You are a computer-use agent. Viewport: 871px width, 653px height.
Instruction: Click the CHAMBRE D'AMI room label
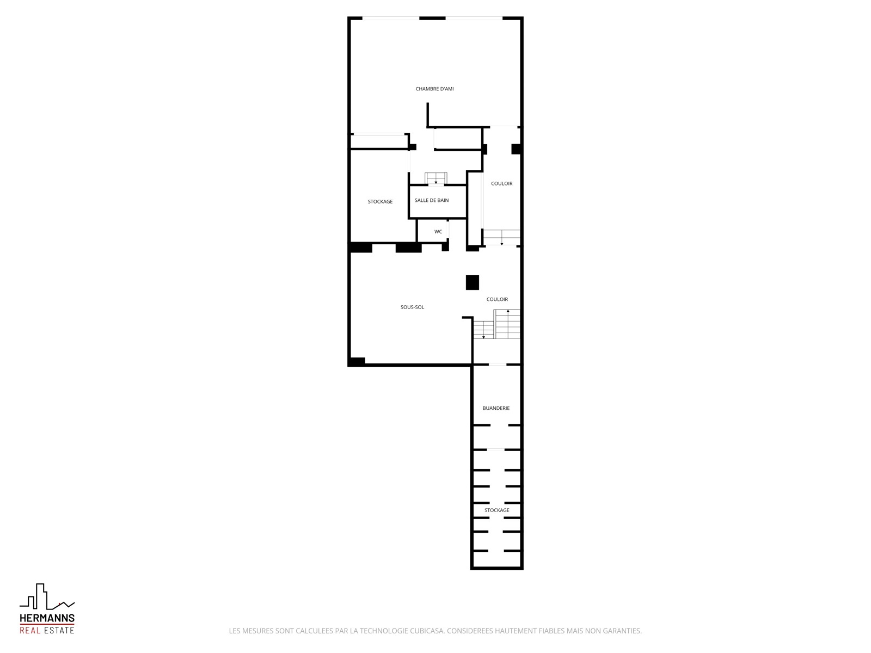[x=434, y=89]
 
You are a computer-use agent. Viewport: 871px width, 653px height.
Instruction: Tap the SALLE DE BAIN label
[x=432, y=200]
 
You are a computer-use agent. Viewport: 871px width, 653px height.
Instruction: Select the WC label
[x=438, y=232]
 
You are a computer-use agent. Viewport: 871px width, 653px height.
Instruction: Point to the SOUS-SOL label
[x=412, y=307]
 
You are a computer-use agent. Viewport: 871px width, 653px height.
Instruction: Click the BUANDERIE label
[x=496, y=408]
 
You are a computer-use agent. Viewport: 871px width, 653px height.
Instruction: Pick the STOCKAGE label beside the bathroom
[x=380, y=201]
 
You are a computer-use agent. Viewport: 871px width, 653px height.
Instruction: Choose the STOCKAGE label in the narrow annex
[x=497, y=510]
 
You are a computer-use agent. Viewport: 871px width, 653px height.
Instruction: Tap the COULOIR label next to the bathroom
[x=501, y=183]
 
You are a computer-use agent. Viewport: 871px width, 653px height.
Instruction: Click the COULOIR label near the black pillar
[x=497, y=299]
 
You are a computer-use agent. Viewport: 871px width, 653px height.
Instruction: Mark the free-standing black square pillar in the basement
[x=472, y=282]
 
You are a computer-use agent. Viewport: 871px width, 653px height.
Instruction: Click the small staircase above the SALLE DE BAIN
[x=436, y=178]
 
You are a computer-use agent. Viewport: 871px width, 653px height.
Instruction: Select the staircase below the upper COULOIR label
[x=501, y=237]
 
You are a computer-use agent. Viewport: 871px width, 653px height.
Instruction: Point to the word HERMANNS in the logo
[x=47, y=618]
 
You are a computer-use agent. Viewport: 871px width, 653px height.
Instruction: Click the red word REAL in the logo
[x=30, y=630]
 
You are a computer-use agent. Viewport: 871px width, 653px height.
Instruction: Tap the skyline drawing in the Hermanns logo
[x=47, y=596]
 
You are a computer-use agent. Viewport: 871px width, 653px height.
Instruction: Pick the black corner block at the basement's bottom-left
[x=357, y=361]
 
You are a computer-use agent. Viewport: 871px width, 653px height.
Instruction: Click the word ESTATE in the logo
[x=59, y=630]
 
